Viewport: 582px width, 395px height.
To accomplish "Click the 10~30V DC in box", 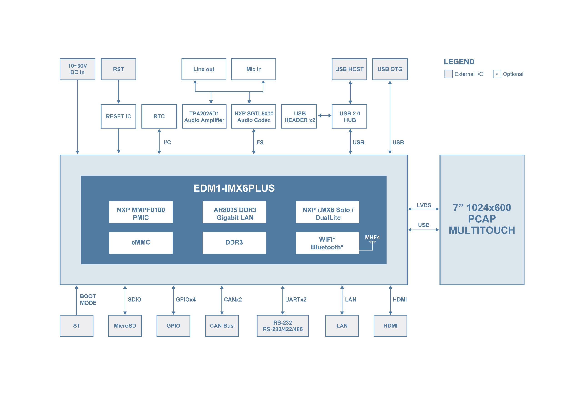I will pyautogui.click(x=77, y=69).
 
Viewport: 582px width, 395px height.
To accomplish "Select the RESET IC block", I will pyautogui.click(x=118, y=116).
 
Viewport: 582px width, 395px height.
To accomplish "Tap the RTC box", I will pyautogui.click(x=159, y=116).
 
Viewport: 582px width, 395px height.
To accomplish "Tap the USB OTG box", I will pyautogui.click(x=390, y=69).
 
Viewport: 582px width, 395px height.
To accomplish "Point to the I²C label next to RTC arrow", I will pyautogui.click(x=167, y=142).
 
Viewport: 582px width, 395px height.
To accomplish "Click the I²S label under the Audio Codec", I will pyautogui.click(x=260, y=142).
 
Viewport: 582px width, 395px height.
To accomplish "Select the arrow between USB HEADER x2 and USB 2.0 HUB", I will pyautogui.click(x=325, y=115).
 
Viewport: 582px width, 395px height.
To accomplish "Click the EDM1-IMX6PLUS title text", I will pyautogui.click(x=234, y=188).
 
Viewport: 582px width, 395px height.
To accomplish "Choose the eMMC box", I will pyautogui.click(x=141, y=242).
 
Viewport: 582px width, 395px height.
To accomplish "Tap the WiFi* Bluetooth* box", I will pyautogui.click(x=327, y=242).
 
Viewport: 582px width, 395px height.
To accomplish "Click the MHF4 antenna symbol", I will pyautogui.click(x=372, y=242).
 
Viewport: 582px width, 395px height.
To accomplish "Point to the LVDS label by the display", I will pyautogui.click(x=424, y=205).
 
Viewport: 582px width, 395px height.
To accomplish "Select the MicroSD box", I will pyautogui.click(x=125, y=325).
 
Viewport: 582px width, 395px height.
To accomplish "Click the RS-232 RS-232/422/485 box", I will pyautogui.click(x=283, y=325).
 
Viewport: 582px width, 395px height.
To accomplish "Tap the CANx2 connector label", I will pyautogui.click(x=233, y=299).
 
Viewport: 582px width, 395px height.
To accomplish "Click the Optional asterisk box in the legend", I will pyautogui.click(x=497, y=74).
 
